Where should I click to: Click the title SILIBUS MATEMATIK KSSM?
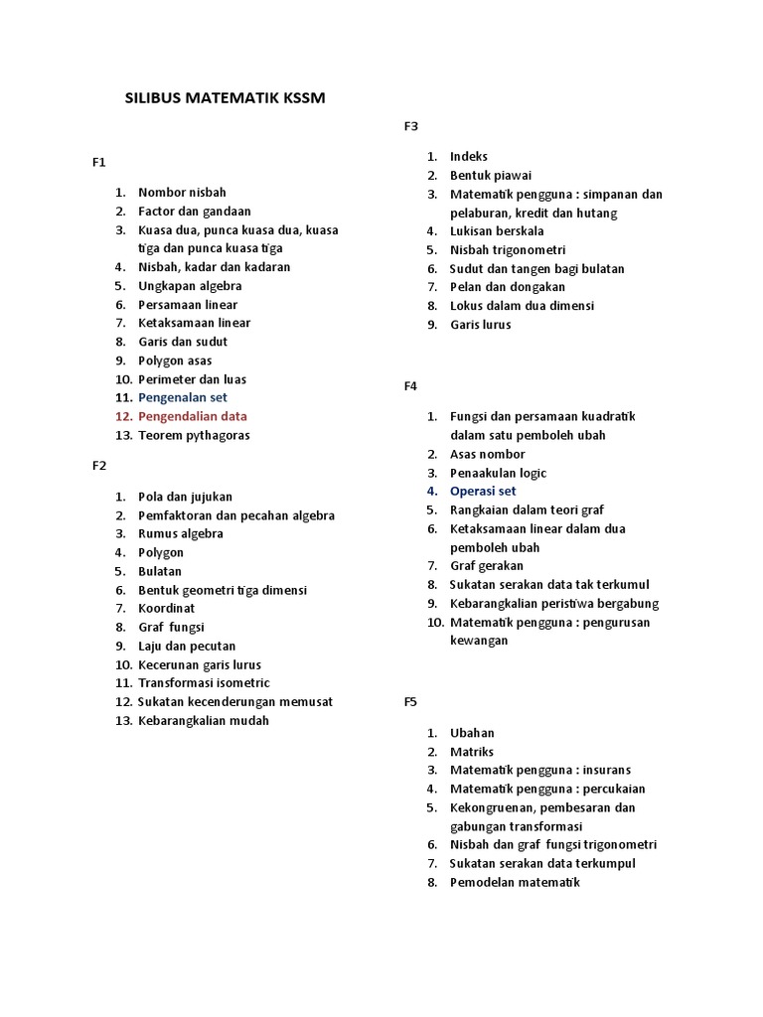[x=225, y=99]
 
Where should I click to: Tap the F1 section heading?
[x=98, y=162]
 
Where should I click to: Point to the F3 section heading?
[x=411, y=125]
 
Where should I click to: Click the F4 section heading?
[x=411, y=385]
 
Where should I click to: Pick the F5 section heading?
[x=411, y=701]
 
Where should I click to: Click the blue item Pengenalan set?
[x=183, y=397]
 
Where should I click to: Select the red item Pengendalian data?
[x=193, y=416]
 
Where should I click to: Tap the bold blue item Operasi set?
[x=483, y=491]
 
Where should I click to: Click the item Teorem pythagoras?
[x=194, y=435]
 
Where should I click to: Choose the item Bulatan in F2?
[x=160, y=571]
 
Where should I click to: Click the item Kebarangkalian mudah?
[x=204, y=720]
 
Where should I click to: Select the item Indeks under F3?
[x=469, y=156]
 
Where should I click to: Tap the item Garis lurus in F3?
[x=481, y=325]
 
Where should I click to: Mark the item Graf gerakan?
[x=487, y=566]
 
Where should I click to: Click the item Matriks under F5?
[x=472, y=752]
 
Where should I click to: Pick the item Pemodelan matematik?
[x=515, y=882]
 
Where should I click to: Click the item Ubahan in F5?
[x=472, y=733]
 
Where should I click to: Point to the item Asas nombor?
[x=486, y=454]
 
